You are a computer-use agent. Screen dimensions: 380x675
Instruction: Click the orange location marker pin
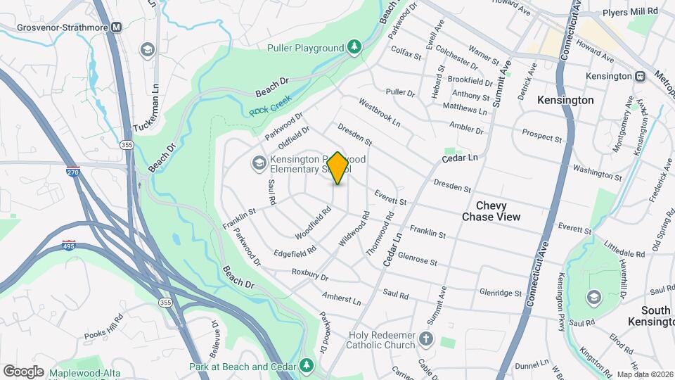click(337, 168)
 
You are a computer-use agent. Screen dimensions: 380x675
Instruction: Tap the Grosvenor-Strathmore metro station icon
click(116, 27)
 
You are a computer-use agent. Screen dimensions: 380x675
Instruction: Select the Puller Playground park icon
click(355, 47)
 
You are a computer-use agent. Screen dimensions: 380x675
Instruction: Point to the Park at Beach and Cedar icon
click(306, 366)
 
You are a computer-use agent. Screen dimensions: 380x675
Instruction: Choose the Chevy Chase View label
click(491, 211)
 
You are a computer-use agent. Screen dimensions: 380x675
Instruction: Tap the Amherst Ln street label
click(342, 298)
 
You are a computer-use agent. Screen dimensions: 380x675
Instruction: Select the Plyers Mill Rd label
click(630, 11)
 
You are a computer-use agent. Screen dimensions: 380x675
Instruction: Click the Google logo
click(22, 371)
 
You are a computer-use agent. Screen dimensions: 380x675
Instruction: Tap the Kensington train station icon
click(641, 76)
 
